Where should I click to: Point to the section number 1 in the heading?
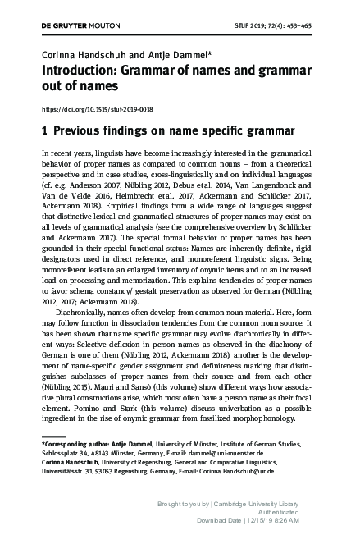[44, 130]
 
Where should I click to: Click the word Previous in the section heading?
[83, 130]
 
